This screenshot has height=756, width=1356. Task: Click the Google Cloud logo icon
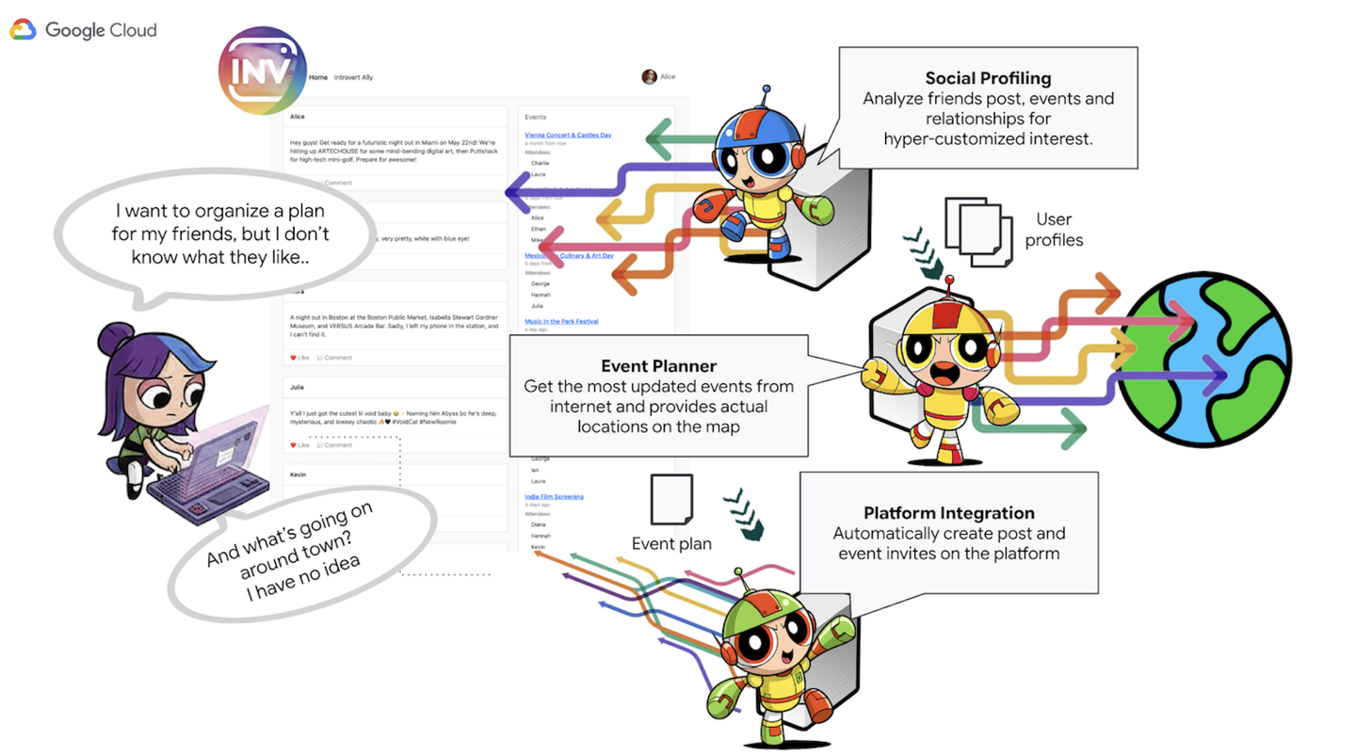point(24,30)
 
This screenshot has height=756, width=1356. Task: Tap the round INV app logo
point(263,72)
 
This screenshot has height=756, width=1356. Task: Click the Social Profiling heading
point(988,78)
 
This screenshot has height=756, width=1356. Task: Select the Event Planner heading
point(658,366)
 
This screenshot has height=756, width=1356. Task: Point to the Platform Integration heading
point(948,513)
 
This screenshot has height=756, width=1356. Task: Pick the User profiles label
point(1054,230)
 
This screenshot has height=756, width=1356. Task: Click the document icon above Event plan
point(671,500)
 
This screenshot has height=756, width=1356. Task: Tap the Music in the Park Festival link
point(561,322)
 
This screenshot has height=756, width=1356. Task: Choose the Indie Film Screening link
point(554,496)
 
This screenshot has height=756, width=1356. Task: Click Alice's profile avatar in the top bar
point(649,77)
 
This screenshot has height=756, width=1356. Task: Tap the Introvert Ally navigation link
point(353,77)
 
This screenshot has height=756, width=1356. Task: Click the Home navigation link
point(318,77)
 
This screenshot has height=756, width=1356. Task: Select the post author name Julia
point(297,387)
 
